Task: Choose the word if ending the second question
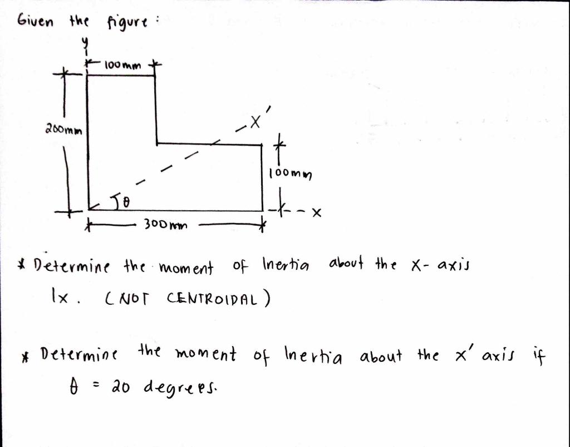(x=538, y=356)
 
